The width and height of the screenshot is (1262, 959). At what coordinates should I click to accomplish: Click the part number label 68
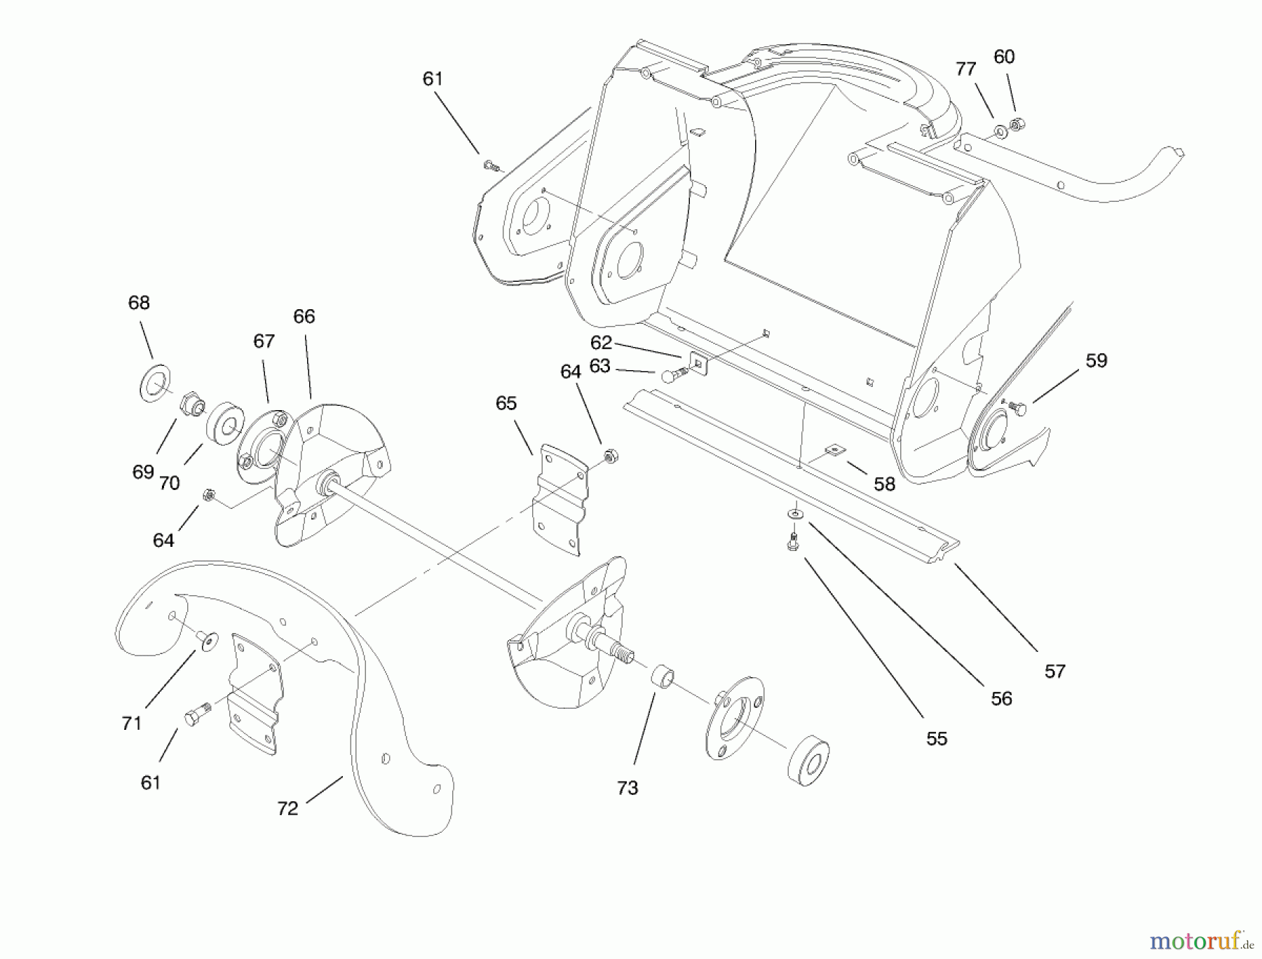coord(139,303)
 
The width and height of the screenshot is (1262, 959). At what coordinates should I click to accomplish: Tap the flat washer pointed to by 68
coord(156,382)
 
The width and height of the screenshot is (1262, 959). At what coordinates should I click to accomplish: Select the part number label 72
coord(287,808)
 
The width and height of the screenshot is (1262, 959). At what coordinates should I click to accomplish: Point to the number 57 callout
coord(1054,672)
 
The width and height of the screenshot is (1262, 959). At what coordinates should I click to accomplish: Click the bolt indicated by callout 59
coord(1019,408)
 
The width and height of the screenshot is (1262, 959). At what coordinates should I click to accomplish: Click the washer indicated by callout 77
coord(999,130)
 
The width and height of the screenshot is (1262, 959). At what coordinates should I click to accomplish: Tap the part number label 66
coord(304,317)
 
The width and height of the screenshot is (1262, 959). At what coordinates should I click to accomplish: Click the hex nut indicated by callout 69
coord(191,404)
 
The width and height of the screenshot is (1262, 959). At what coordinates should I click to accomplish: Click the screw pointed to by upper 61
coord(492,166)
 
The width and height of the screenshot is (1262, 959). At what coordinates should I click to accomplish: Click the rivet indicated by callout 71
coord(208,640)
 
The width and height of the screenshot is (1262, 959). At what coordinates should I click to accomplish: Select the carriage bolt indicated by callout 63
coord(672,376)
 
